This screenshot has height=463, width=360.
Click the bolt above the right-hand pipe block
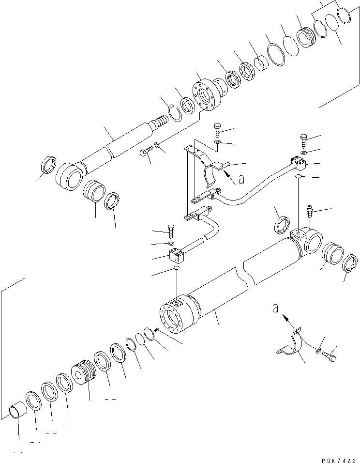pos(303,141)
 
